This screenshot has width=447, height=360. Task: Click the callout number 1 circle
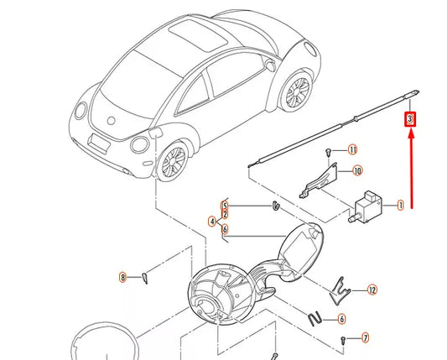click(x=400, y=205)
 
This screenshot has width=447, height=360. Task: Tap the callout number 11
click(x=352, y=149)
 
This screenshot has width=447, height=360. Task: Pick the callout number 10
click(x=356, y=171)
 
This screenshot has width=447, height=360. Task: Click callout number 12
click(x=372, y=290)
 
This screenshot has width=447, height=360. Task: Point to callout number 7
click(x=365, y=338)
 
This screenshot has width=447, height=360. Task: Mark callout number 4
click(x=213, y=222)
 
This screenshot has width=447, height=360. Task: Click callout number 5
click(x=225, y=205)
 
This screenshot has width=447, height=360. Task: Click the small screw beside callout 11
click(x=326, y=152)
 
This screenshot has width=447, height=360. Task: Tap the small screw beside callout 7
click(x=344, y=339)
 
